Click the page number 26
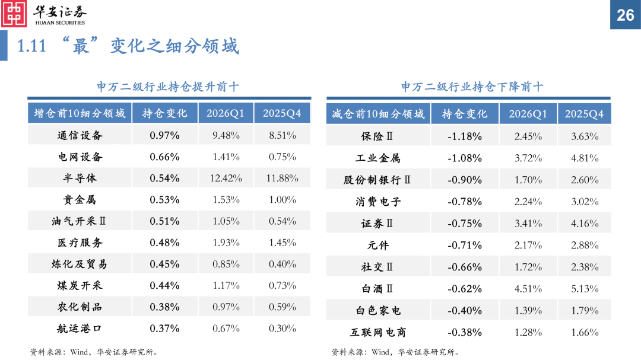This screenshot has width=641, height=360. pos(626,15)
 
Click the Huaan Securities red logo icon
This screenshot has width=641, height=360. pos(14,14)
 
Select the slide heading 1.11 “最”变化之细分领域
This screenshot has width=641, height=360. pos(128,46)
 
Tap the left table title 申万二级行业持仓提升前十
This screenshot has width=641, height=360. pos(168,87)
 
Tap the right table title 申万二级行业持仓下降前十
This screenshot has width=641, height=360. pos(472,87)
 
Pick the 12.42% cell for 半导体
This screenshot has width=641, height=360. pos(226,179)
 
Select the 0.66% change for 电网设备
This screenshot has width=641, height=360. pos(164,157)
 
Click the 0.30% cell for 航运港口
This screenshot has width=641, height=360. pos(283,329)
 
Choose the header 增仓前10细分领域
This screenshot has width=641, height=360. pos(80,113)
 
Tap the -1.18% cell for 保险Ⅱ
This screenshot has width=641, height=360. pos(465,136)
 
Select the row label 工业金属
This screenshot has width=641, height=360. pos(378,158)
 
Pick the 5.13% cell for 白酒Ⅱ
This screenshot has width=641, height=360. pos(585,289)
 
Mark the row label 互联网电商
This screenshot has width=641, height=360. pos(378,333)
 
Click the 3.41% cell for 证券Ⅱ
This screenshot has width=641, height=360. pos(528,224)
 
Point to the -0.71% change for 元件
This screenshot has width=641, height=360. pos(465,246)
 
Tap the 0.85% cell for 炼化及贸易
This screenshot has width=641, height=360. pos(226,264)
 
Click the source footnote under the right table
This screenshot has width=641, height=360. pos(395,352)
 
